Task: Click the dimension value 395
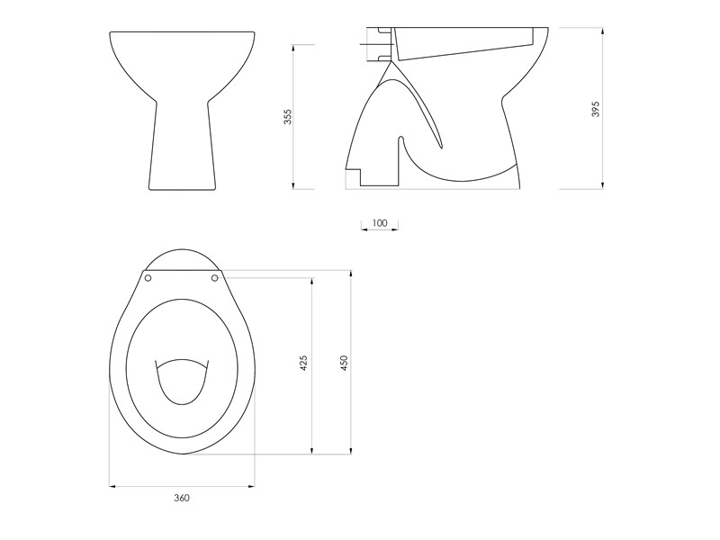tap(595, 109)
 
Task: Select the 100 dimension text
tap(379, 222)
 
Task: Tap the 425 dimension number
tap(303, 364)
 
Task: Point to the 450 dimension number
tap(343, 364)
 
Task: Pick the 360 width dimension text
tap(181, 498)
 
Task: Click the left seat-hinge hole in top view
tap(148, 278)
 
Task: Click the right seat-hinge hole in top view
tap(214, 278)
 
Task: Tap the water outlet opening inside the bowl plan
tap(183, 382)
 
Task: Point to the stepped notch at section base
tap(355, 175)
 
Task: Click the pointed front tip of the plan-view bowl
tap(183, 453)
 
